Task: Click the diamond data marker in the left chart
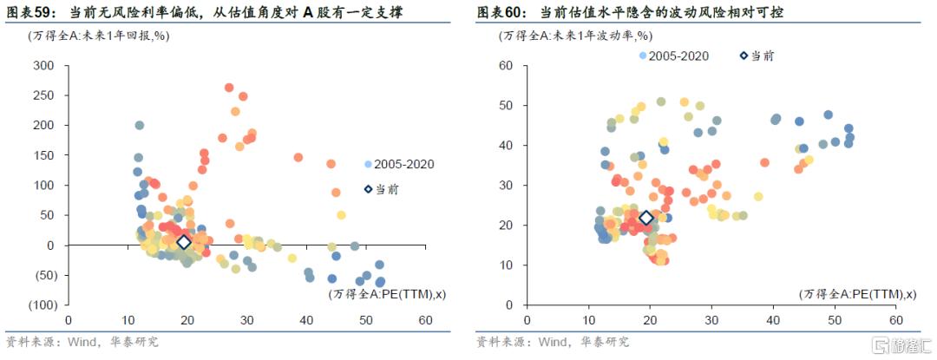pyautogui.click(x=183, y=242)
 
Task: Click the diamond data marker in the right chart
pyautogui.click(x=645, y=219)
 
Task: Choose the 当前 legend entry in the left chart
pyautogui.click(x=386, y=188)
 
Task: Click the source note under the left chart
pyautogui.click(x=82, y=341)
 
